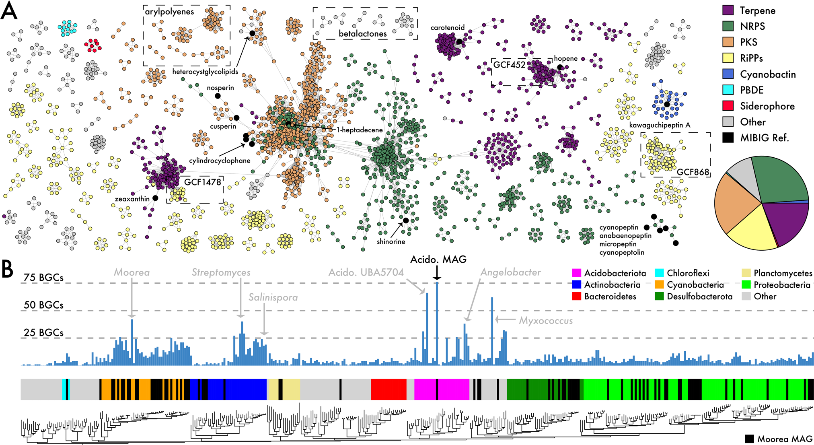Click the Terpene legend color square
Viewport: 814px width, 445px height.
point(728,10)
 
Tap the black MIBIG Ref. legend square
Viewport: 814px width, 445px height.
point(728,138)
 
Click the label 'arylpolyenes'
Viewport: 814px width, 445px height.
point(169,12)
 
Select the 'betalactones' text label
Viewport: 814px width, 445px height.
point(362,34)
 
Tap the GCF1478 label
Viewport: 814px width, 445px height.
point(202,182)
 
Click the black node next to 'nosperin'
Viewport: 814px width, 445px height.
point(218,96)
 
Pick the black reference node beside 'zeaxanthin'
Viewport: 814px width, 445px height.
point(155,198)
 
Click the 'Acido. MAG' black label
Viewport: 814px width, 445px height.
point(438,260)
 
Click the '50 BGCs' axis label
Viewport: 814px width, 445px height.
point(43,305)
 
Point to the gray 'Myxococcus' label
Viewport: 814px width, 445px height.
point(545,321)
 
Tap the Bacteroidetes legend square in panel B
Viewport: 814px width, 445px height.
point(577,297)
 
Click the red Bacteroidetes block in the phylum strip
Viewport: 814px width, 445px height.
point(388,389)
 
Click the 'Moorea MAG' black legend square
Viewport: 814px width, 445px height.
point(749,439)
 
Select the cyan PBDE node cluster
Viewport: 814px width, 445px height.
point(67,28)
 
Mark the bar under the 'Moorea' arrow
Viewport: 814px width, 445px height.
point(132,342)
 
